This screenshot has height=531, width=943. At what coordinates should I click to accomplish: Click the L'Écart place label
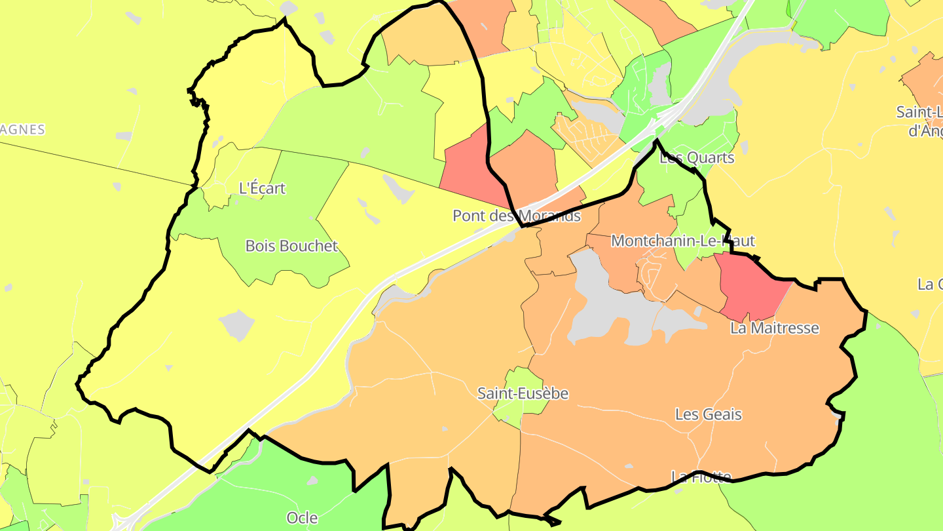(262, 188)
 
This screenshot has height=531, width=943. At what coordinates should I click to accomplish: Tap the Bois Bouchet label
(291, 246)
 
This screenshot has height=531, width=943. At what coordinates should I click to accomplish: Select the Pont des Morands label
(517, 215)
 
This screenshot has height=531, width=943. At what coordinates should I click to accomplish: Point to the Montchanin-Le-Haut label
(682, 241)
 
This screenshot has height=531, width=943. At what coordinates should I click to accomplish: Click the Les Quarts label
(697, 157)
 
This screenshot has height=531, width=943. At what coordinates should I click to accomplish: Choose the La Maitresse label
(774, 327)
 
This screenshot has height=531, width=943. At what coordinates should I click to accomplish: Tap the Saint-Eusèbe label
(523, 393)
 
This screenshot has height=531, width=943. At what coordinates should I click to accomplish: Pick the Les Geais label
(708, 414)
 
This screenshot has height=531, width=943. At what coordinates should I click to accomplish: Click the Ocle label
(302, 518)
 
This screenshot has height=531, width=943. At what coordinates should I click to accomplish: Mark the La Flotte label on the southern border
(701, 475)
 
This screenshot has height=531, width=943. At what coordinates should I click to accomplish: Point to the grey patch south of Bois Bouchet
(236, 325)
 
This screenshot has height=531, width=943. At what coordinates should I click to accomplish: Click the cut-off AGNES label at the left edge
(22, 129)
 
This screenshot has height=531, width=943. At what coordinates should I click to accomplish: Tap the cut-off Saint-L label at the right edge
(919, 112)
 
